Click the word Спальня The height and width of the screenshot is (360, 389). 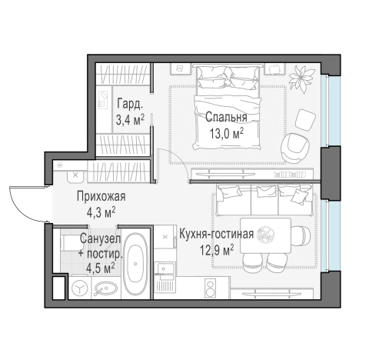pyautogui.click(x=225, y=118)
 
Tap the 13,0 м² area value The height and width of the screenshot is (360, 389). pyautogui.click(x=225, y=132)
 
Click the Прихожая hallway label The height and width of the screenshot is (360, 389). pyautogui.click(x=101, y=196)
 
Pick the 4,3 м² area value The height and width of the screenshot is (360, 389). pyautogui.click(x=101, y=210)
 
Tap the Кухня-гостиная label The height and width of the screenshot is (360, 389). pyautogui.click(x=216, y=234)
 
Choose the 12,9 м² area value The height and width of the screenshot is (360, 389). pyautogui.click(x=216, y=248)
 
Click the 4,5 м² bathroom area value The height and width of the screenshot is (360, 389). pyautogui.click(x=100, y=268)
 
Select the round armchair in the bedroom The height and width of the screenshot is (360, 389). pyautogui.click(x=296, y=145)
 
